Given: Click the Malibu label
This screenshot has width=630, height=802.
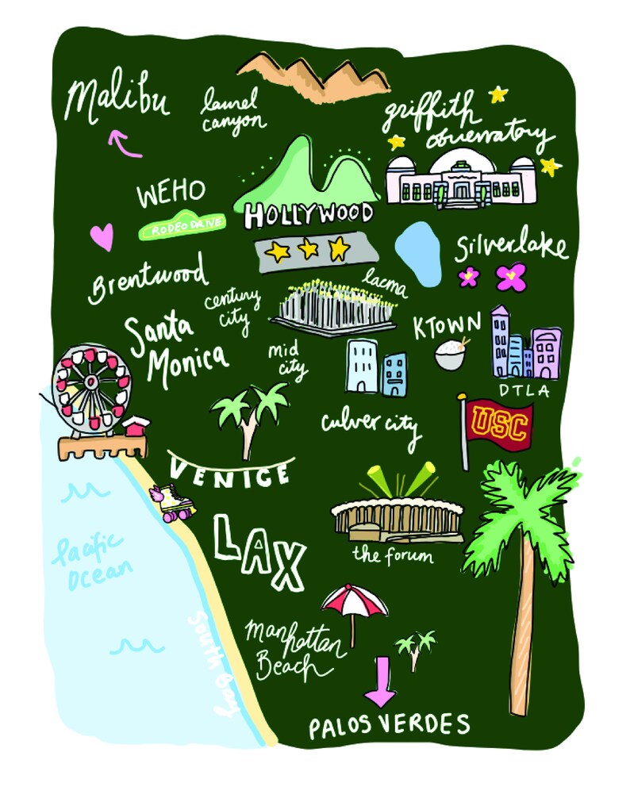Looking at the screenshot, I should pyautogui.click(x=117, y=101).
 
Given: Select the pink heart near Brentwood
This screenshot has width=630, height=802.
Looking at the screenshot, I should pyautogui.click(x=101, y=236).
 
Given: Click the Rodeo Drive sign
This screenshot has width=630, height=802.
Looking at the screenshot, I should pyautogui.click(x=182, y=226).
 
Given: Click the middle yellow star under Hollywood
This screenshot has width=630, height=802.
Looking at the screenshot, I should pyautogui.click(x=308, y=250).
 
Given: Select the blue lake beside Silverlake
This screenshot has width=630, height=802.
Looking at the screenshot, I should pyautogui.click(x=418, y=253).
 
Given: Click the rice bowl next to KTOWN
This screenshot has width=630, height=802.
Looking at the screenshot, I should pyautogui.click(x=451, y=355).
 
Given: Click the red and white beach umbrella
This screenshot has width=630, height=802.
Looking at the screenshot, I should pyautogui.click(x=354, y=601).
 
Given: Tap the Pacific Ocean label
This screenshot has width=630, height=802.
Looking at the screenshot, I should pyautogui.click(x=90, y=561).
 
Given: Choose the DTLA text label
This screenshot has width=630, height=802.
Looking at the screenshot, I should pyautogui.click(x=524, y=390).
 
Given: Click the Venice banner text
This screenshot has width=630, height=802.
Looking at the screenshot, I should pyautogui.click(x=230, y=474).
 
